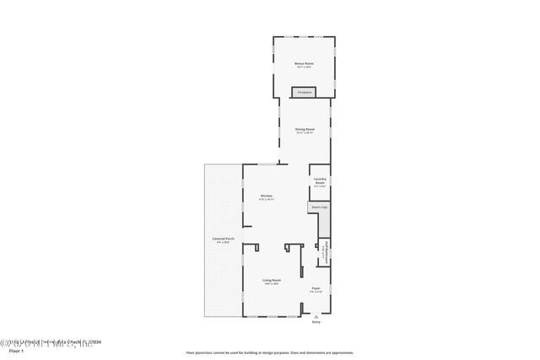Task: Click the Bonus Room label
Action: [304, 63]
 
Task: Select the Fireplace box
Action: [304, 92]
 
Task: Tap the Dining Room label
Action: [304, 129]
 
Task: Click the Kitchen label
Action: [266, 196]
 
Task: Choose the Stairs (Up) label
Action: [319, 207]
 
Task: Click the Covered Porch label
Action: [223, 239]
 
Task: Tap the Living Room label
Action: [271, 280]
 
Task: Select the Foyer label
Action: [316, 288]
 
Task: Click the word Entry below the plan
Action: [316, 322]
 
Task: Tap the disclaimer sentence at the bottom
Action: [269, 352]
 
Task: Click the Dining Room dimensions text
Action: [304, 133]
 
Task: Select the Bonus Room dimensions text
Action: [304, 67]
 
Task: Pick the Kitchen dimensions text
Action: [266, 200]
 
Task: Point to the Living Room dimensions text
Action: [271, 284]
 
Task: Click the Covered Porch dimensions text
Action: [223, 243]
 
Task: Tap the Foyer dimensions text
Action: [316, 293]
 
